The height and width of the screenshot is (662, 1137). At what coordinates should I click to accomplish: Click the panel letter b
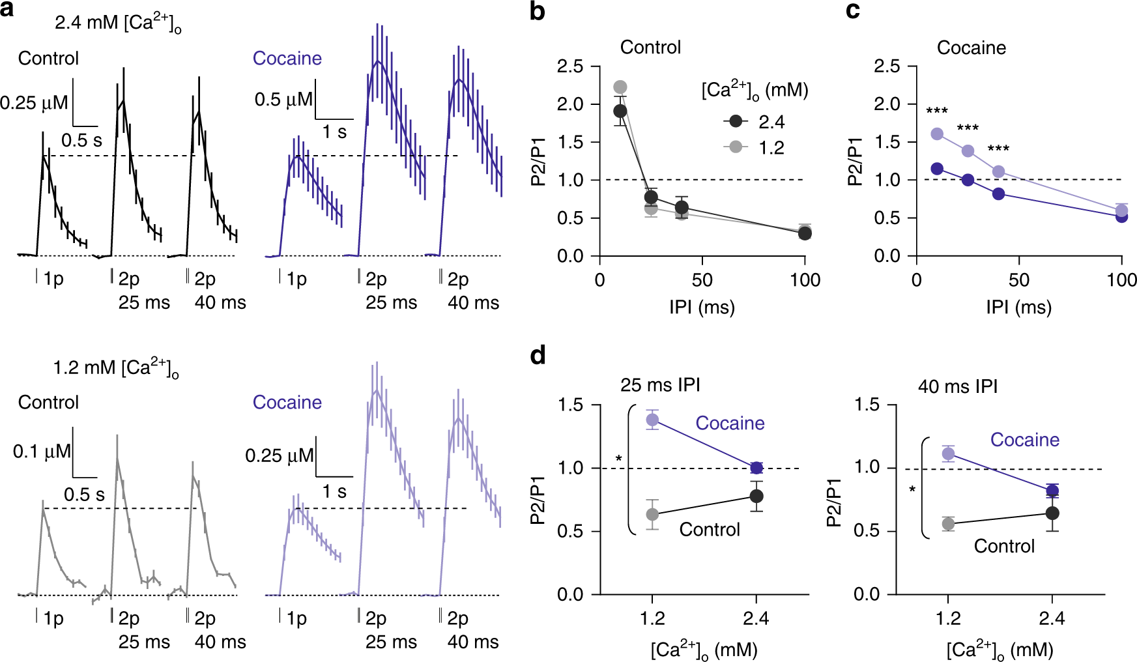coord(538,12)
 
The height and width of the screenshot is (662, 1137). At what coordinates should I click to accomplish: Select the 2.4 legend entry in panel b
coord(771,122)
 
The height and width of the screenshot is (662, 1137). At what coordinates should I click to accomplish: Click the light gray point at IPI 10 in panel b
coord(620,87)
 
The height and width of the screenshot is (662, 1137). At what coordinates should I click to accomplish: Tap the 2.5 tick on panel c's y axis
coord(886,66)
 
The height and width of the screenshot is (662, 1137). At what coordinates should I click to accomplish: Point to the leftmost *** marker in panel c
coord(937,111)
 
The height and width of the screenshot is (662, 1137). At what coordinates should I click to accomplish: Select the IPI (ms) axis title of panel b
coord(702,307)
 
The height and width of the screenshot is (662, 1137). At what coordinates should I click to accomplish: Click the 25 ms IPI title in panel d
coord(660,385)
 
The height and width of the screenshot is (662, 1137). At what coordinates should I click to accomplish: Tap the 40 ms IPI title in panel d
coord(958,387)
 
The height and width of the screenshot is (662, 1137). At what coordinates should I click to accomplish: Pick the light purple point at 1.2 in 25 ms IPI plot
coord(652,420)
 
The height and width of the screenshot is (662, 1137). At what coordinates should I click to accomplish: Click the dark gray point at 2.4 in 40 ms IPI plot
coord(1052,513)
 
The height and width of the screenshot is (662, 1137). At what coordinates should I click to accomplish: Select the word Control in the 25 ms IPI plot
coord(710,530)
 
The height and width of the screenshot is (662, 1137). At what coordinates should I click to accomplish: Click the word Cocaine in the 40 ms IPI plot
coord(1025,440)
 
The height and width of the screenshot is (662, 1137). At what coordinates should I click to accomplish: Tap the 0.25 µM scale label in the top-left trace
coord(34,103)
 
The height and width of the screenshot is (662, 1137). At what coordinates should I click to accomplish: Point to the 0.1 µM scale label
coord(42,451)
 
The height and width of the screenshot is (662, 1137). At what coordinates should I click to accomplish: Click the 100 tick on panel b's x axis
coord(805,280)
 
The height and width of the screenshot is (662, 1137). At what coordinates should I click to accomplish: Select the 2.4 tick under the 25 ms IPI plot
coord(756,618)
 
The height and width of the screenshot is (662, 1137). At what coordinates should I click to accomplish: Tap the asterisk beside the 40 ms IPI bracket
coord(912,489)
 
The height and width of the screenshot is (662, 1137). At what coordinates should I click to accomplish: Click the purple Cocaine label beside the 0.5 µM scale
coord(287,59)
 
